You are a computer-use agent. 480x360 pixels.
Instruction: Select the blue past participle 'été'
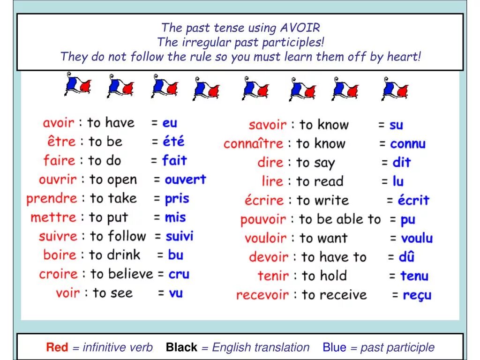coord(173,142)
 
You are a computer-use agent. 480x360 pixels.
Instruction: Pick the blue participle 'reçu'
coord(417,295)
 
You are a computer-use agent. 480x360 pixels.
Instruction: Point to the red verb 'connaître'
coord(253,144)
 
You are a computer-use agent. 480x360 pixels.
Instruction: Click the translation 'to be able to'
coord(340,219)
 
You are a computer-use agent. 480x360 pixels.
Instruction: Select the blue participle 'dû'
coord(407,257)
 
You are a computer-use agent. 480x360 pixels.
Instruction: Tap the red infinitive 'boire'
coord(60,255)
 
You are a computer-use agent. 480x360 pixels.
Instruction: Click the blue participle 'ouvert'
coord(185,180)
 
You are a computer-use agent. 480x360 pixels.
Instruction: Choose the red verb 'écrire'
coord(264,201)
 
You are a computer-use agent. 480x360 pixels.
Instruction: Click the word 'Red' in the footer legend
coord(57,347)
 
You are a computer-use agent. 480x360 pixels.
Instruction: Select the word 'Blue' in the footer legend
coord(334,347)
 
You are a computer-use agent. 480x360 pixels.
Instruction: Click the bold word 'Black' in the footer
coord(181,347)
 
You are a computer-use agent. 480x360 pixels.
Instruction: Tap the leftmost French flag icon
coord(77,84)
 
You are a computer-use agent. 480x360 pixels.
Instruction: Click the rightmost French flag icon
coord(395,88)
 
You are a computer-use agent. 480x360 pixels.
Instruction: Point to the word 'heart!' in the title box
coord(404,57)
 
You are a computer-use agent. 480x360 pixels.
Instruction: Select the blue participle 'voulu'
coord(417,239)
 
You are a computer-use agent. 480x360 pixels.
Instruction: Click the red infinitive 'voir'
coord(68,293)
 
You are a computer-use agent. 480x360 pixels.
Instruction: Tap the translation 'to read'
coord(320,181)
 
